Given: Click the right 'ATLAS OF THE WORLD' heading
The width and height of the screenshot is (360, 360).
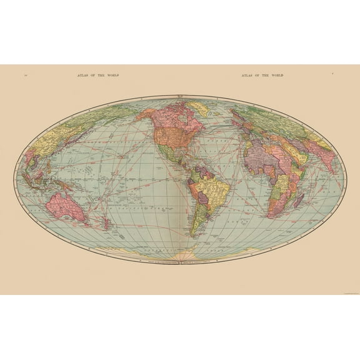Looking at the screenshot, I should coord(262,76).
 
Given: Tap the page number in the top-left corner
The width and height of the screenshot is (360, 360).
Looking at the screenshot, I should coord(25,76).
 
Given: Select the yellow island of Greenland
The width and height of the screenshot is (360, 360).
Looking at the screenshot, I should coord(199,112).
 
